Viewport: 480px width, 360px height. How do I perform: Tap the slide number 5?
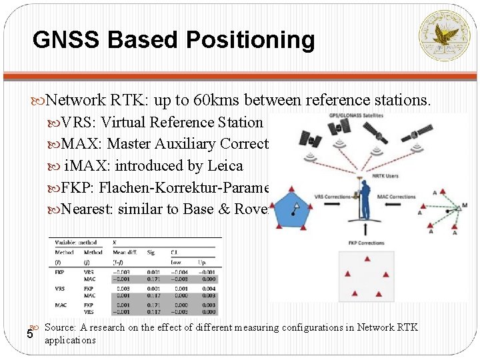click(29, 334)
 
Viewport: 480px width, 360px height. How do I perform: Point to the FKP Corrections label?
click(366, 243)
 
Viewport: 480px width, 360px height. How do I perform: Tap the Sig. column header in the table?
click(151, 253)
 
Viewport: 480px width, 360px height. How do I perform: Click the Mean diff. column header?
click(124, 253)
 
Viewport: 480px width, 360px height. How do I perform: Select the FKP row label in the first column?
click(59, 272)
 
